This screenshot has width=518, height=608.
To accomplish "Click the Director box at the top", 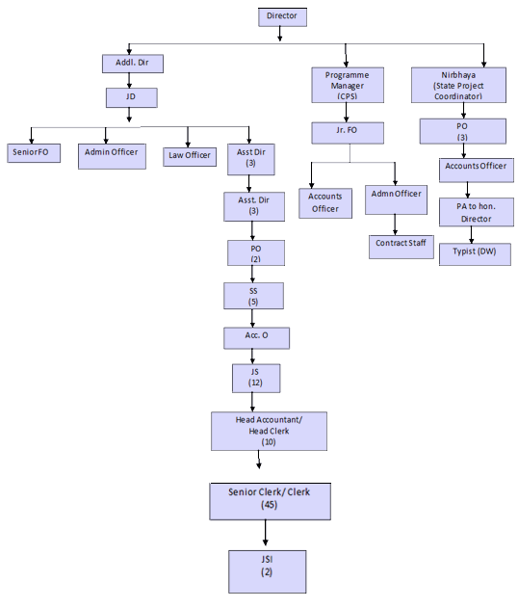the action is [x=282, y=17].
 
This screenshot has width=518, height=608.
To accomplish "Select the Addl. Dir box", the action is [x=133, y=64].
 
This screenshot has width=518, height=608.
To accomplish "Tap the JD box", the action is [x=132, y=97].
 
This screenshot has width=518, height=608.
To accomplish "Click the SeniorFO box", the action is [x=34, y=153].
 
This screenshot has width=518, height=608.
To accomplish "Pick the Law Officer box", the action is [x=190, y=157].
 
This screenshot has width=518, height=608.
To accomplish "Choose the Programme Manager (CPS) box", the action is [x=348, y=85].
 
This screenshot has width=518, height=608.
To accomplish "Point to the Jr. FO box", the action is [x=348, y=133].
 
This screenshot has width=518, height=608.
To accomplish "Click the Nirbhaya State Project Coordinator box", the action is [x=458, y=85].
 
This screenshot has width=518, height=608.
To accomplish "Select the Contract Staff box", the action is [x=401, y=247].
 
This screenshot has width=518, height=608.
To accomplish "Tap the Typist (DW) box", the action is [x=475, y=254].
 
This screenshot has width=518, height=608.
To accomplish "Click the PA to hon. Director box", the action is [x=477, y=212].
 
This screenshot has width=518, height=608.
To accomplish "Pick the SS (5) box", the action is [x=253, y=296].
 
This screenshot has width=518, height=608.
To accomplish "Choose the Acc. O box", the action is [x=256, y=338].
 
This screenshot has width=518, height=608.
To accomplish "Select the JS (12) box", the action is [x=256, y=378].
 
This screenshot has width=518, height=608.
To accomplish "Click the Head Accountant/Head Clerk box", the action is [x=269, y=431].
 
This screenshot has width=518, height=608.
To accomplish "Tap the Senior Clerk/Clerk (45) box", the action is [x=270, y=501].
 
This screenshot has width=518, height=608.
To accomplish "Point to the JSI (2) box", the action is [x=268, y=571].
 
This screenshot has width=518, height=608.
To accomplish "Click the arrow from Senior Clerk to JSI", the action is [x=266, y=533].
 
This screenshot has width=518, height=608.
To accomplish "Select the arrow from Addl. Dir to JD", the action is [x=129, y=80].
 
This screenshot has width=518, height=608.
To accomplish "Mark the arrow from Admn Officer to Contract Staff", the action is [x=395, y=225].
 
